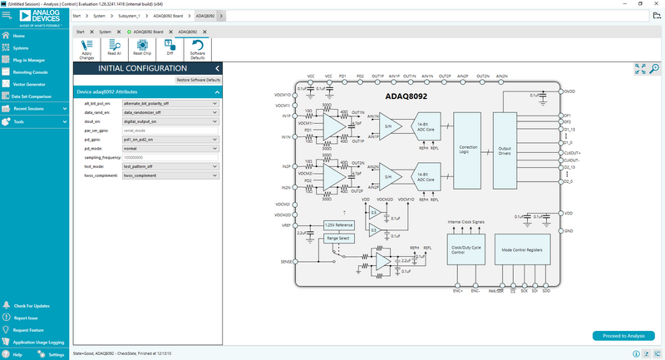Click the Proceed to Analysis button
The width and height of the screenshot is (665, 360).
point(618,336)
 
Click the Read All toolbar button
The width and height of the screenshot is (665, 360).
point(115,48)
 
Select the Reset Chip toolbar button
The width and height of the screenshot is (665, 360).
point(142,48)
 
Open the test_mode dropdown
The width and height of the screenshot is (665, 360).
point(170,165)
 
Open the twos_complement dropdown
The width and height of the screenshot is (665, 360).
point(170,175)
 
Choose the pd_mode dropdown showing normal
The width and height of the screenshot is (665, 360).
point(170,148)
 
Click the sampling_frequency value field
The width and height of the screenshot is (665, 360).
point(170,157)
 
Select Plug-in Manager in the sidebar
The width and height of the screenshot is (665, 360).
point(30,60)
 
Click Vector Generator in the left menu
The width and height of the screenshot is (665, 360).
point(29,84)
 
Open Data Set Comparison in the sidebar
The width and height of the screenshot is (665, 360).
point(32,96)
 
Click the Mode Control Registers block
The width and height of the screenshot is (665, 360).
point(523,249)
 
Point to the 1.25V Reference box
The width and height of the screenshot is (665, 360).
point(338,225)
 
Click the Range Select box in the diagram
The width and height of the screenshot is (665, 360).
point(338,238)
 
